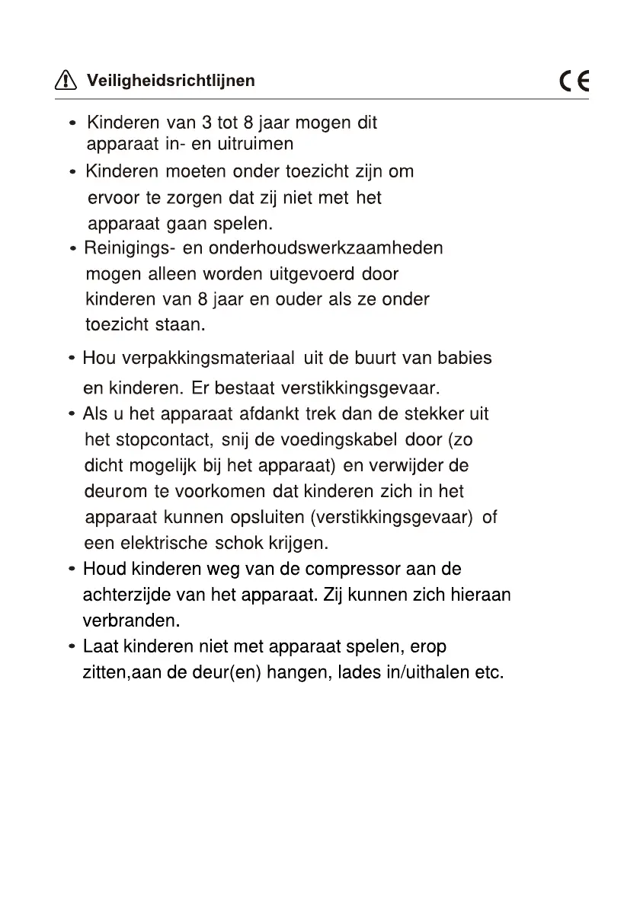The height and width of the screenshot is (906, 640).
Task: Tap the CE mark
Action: pyautogui.click(x=574, y=81)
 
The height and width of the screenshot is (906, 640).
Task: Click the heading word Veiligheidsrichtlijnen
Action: pyautogui.click(x=171, y=80)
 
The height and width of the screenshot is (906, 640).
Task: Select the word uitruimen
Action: pyautogui.click(x=255, y=144)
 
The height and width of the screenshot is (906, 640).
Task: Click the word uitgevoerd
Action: pyautogui.click(x=312, y=273)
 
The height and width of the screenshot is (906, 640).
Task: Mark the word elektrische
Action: pyautogui.click(x=162, y=544)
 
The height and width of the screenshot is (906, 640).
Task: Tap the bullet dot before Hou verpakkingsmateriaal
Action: pyautogui.click(x=71, y=358)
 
